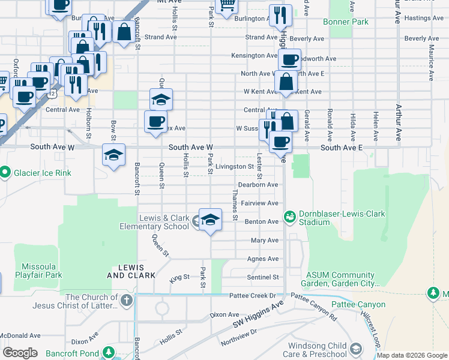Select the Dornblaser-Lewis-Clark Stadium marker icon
[290, 215]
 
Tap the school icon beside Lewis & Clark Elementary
[209, 220]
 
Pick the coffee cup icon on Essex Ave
[155, 122]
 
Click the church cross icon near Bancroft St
[126, 300]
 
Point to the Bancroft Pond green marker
[109, 352]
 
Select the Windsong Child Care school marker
[356, 349]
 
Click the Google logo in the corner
[20, 353]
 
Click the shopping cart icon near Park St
[227, 4]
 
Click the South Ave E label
[342, 147]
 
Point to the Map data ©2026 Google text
[412, 355]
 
